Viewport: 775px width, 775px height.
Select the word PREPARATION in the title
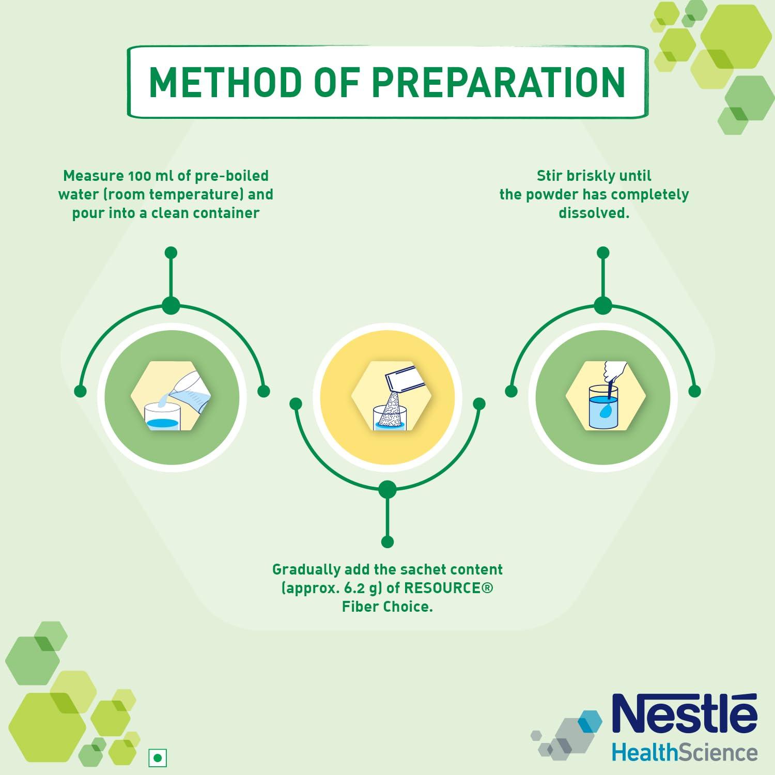(498, 82)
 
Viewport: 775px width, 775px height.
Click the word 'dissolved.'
(594, 213)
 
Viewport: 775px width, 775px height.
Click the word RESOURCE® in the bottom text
(448, 588)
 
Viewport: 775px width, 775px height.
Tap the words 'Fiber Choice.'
(388, 607)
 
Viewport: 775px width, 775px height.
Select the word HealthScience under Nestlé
(685, 752)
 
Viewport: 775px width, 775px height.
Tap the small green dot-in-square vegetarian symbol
(158, 758)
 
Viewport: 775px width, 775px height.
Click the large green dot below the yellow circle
(388, 489)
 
